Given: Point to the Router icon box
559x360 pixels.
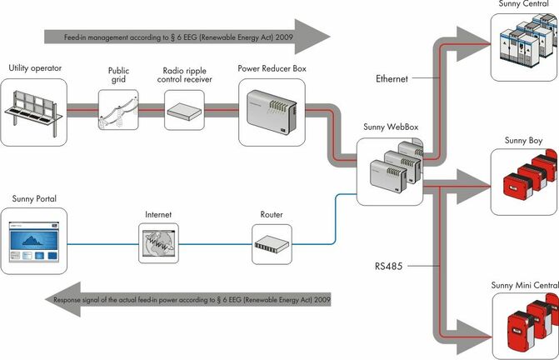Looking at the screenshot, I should (272, 244).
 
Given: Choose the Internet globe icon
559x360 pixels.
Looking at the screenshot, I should (158, 243).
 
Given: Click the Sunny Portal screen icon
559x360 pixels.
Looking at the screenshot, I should (33, 243).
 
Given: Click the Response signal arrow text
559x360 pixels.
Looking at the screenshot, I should (192, 299).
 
